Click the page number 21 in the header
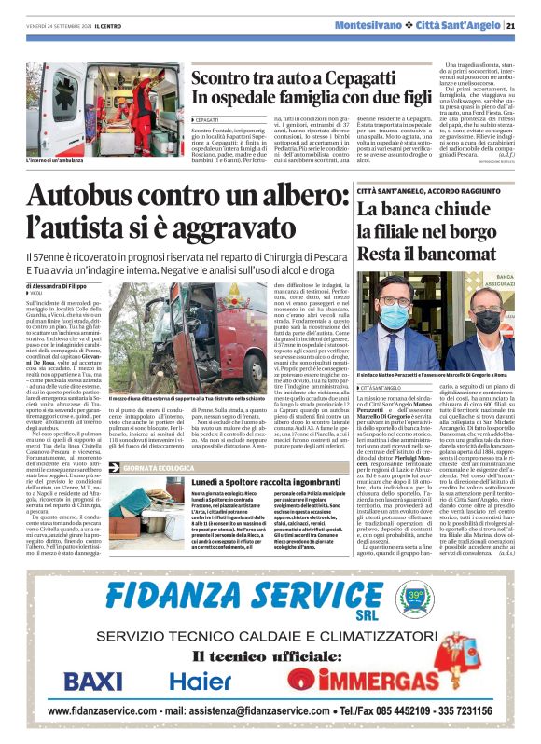[524, 25]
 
